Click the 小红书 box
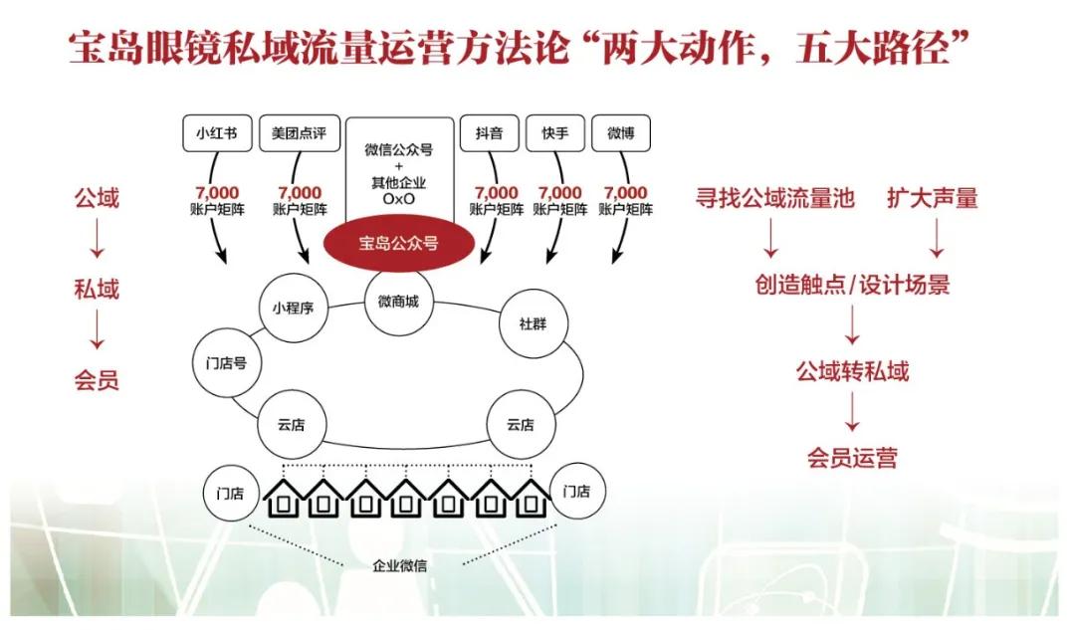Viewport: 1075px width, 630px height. pos(217,133)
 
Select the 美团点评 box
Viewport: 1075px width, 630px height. pos(300,133)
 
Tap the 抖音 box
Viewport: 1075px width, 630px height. pos(489,133)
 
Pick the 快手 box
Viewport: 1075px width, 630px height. pos(555,133)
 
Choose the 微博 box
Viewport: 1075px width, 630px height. pos(621,133)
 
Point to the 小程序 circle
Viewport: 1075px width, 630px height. pos(294,308)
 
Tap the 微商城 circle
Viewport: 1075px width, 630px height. pos(398,303)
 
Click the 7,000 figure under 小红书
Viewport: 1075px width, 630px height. pos(216,193)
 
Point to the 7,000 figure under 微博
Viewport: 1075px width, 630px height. pos(625,193)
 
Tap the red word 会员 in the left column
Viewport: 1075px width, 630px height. pos(97,380)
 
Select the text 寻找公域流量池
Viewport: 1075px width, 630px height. pos(774,198)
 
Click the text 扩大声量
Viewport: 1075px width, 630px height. pos(933,198)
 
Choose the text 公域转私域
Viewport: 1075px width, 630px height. pos(852,372)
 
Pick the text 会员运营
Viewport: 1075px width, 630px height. pos(852,458)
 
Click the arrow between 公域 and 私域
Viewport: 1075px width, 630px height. pos(97,244)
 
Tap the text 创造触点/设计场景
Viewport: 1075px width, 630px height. pos(852,286)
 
